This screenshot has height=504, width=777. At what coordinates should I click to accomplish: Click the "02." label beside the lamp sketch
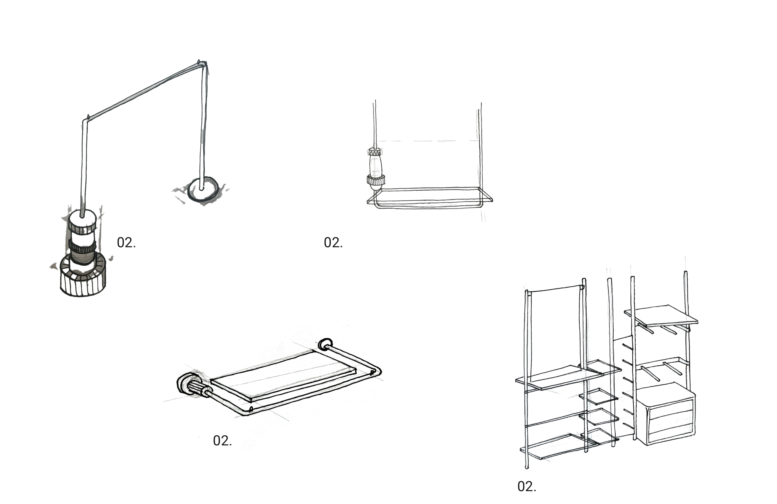pos(126,243)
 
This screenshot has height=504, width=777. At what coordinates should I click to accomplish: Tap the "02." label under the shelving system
pos(526,486)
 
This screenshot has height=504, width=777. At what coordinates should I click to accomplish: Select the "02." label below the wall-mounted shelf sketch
pos(222,441)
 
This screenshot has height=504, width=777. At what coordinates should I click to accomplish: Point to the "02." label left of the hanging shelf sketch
pos(333,243)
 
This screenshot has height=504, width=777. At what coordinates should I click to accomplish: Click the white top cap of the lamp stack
pos(82,216)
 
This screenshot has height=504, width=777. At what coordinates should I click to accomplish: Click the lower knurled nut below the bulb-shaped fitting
pos(376,180)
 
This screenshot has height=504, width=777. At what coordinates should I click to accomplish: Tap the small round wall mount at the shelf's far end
pos(325,344)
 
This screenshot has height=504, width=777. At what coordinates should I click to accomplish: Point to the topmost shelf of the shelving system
pos(661,315)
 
